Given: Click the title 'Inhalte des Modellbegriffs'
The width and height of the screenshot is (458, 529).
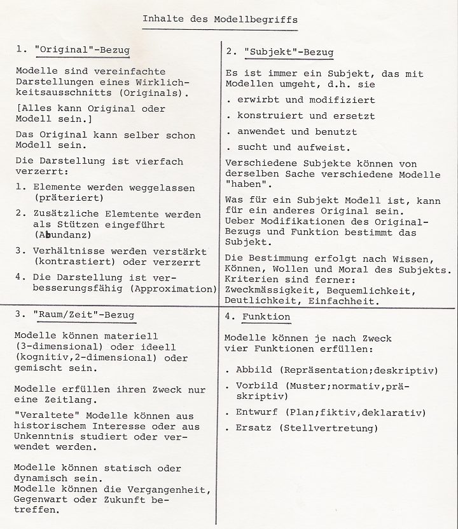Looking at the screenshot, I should click(220, 19).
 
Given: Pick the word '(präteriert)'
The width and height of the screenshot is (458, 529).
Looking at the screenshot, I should click(66, 198).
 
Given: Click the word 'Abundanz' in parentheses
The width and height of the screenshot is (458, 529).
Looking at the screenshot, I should click(63, 235).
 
